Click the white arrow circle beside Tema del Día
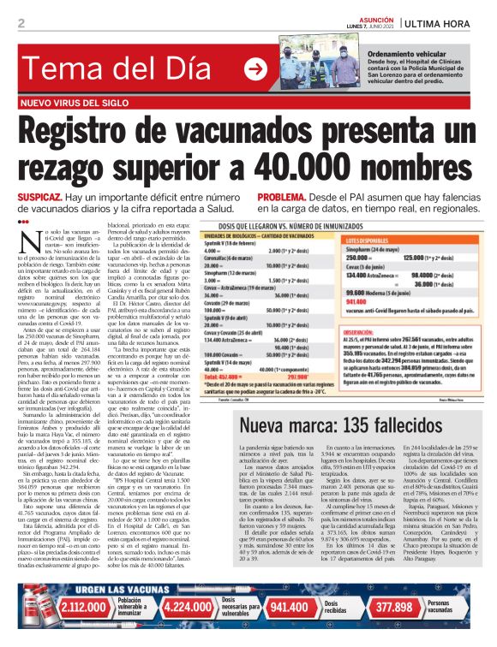[254, 68]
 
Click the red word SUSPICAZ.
[39, 196]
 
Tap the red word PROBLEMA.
[286, 196]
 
